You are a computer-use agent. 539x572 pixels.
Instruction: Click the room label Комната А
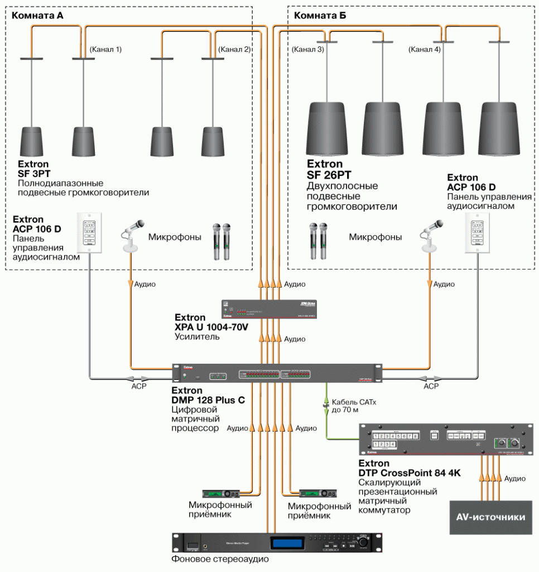point(37,16)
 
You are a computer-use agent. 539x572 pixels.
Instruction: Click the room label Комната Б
point(320,16)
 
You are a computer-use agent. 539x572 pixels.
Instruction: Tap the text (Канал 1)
point(105,49)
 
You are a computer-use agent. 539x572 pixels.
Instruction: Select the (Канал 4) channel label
point(424,49)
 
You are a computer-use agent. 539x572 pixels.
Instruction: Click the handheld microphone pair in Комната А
point(222,241)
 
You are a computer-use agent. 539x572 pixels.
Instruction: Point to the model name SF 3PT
point(34,174)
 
